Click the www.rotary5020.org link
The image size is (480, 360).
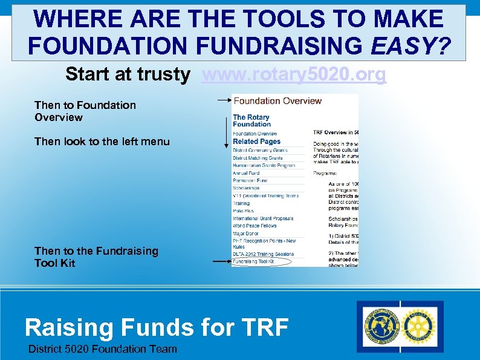294,74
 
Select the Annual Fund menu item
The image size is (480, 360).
246,173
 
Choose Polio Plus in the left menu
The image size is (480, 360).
245,211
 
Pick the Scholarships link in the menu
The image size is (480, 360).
247,188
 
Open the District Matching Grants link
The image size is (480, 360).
258,158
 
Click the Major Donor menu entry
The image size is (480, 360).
246,233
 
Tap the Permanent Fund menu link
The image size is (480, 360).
250,180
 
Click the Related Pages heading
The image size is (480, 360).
256,142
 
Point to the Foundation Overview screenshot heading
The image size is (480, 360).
277,101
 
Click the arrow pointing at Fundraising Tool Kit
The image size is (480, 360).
221,261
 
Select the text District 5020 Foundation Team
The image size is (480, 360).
103,349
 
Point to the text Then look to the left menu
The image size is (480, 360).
102,142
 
